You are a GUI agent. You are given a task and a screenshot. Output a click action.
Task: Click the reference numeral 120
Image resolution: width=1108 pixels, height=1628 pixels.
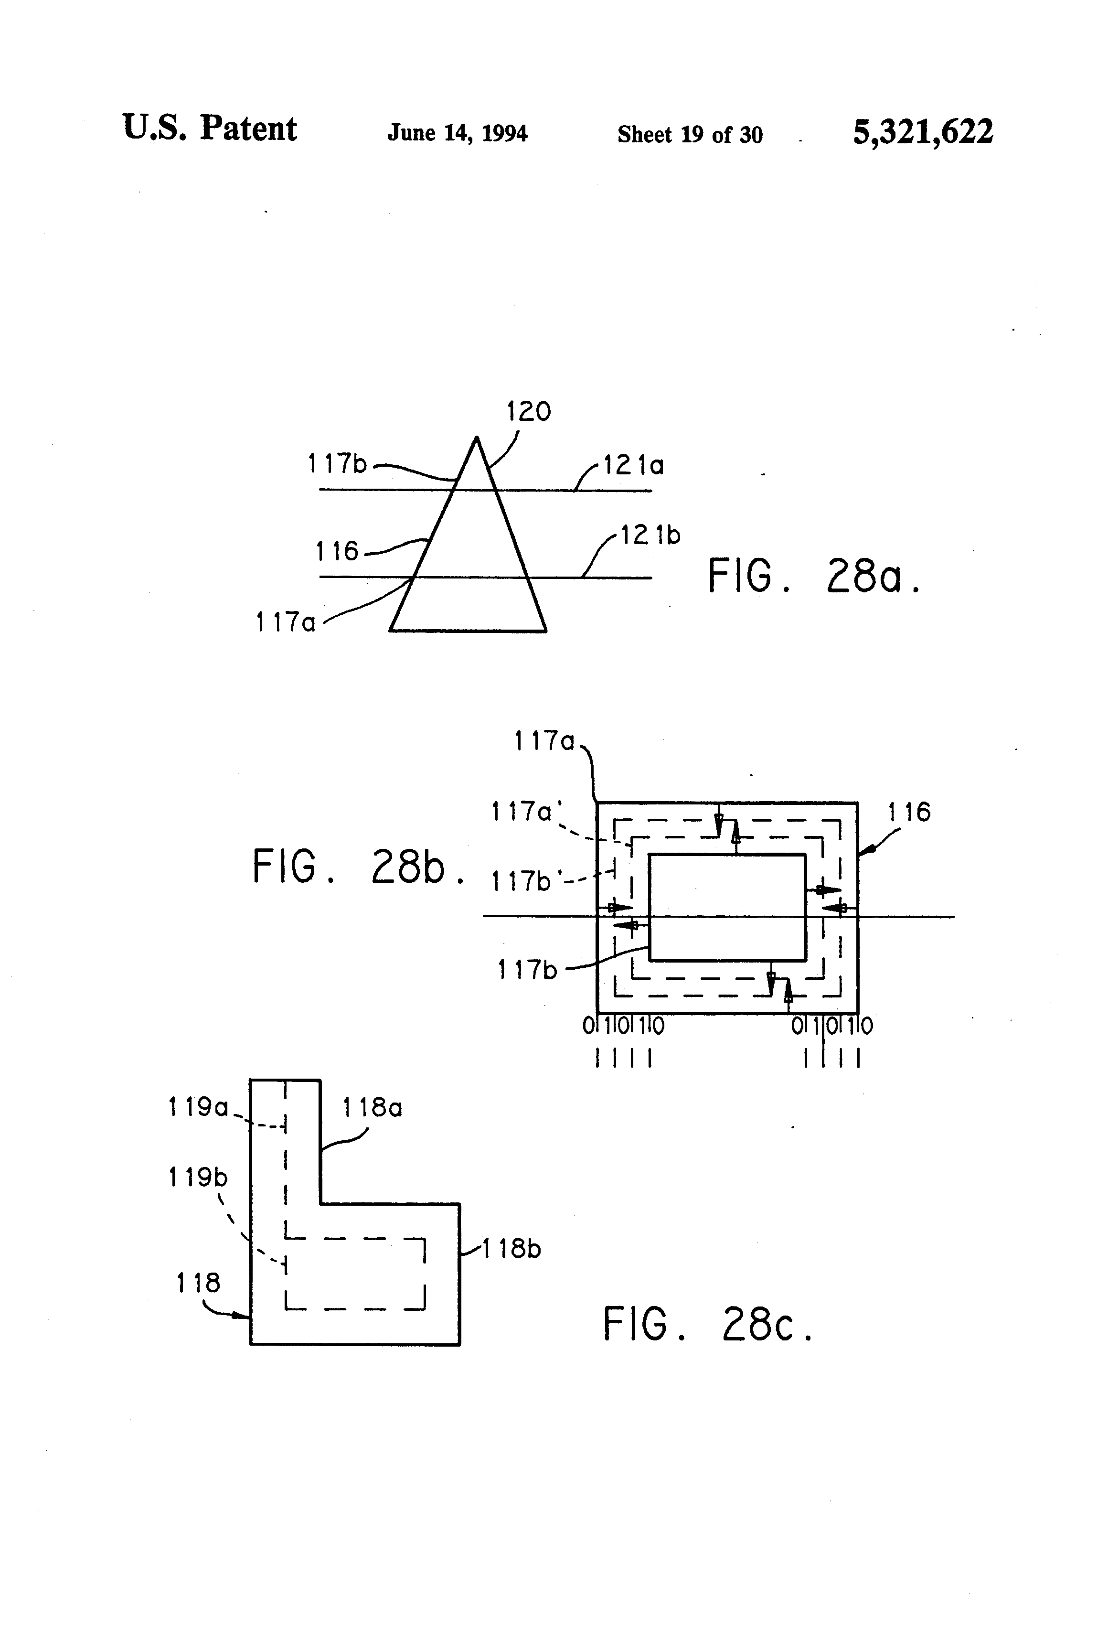tap(529, 411)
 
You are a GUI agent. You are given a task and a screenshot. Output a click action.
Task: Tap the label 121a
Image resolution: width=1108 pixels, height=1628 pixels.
tap(633, 465)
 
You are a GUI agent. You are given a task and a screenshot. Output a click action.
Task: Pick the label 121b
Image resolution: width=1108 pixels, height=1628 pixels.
tap(650, 535)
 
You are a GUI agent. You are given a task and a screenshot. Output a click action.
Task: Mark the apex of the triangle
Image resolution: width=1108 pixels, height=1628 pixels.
tap(476, 439)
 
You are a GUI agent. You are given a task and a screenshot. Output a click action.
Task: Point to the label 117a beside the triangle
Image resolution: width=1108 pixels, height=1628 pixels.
tap(285, 621)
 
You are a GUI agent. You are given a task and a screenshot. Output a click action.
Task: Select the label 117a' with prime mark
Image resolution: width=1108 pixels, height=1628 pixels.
tap(522, 812)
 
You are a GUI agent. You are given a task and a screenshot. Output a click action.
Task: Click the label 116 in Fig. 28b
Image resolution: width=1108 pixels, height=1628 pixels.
tap(909, 813)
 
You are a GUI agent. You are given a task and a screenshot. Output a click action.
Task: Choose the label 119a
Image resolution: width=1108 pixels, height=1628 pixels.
tap(198, 1107)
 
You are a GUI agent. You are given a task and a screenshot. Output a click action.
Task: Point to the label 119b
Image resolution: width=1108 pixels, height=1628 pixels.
tap(198, 1178)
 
